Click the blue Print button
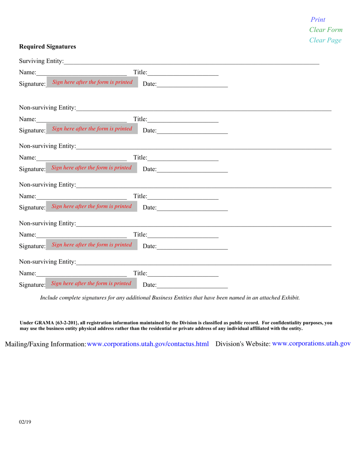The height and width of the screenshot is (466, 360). tap(318, 20)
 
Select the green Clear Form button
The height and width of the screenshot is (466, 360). tap(326, 30)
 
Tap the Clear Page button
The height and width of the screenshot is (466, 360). tap(325, 40)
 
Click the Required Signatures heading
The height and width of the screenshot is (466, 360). tap(47, 47)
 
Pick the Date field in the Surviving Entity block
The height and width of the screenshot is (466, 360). tap(192, 84)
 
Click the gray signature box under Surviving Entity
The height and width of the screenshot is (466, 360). tap(92, 83)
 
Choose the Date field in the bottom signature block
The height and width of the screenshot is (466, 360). tap(192, 285)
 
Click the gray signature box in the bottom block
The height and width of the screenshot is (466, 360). tap(91, 283)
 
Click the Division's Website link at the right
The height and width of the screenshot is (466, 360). tap(311, 344)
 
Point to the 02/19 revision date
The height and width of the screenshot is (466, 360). tap(25, 421)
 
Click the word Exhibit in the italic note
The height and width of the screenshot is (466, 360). tap(290, 298)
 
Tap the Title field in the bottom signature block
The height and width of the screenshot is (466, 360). tap(183, 273)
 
